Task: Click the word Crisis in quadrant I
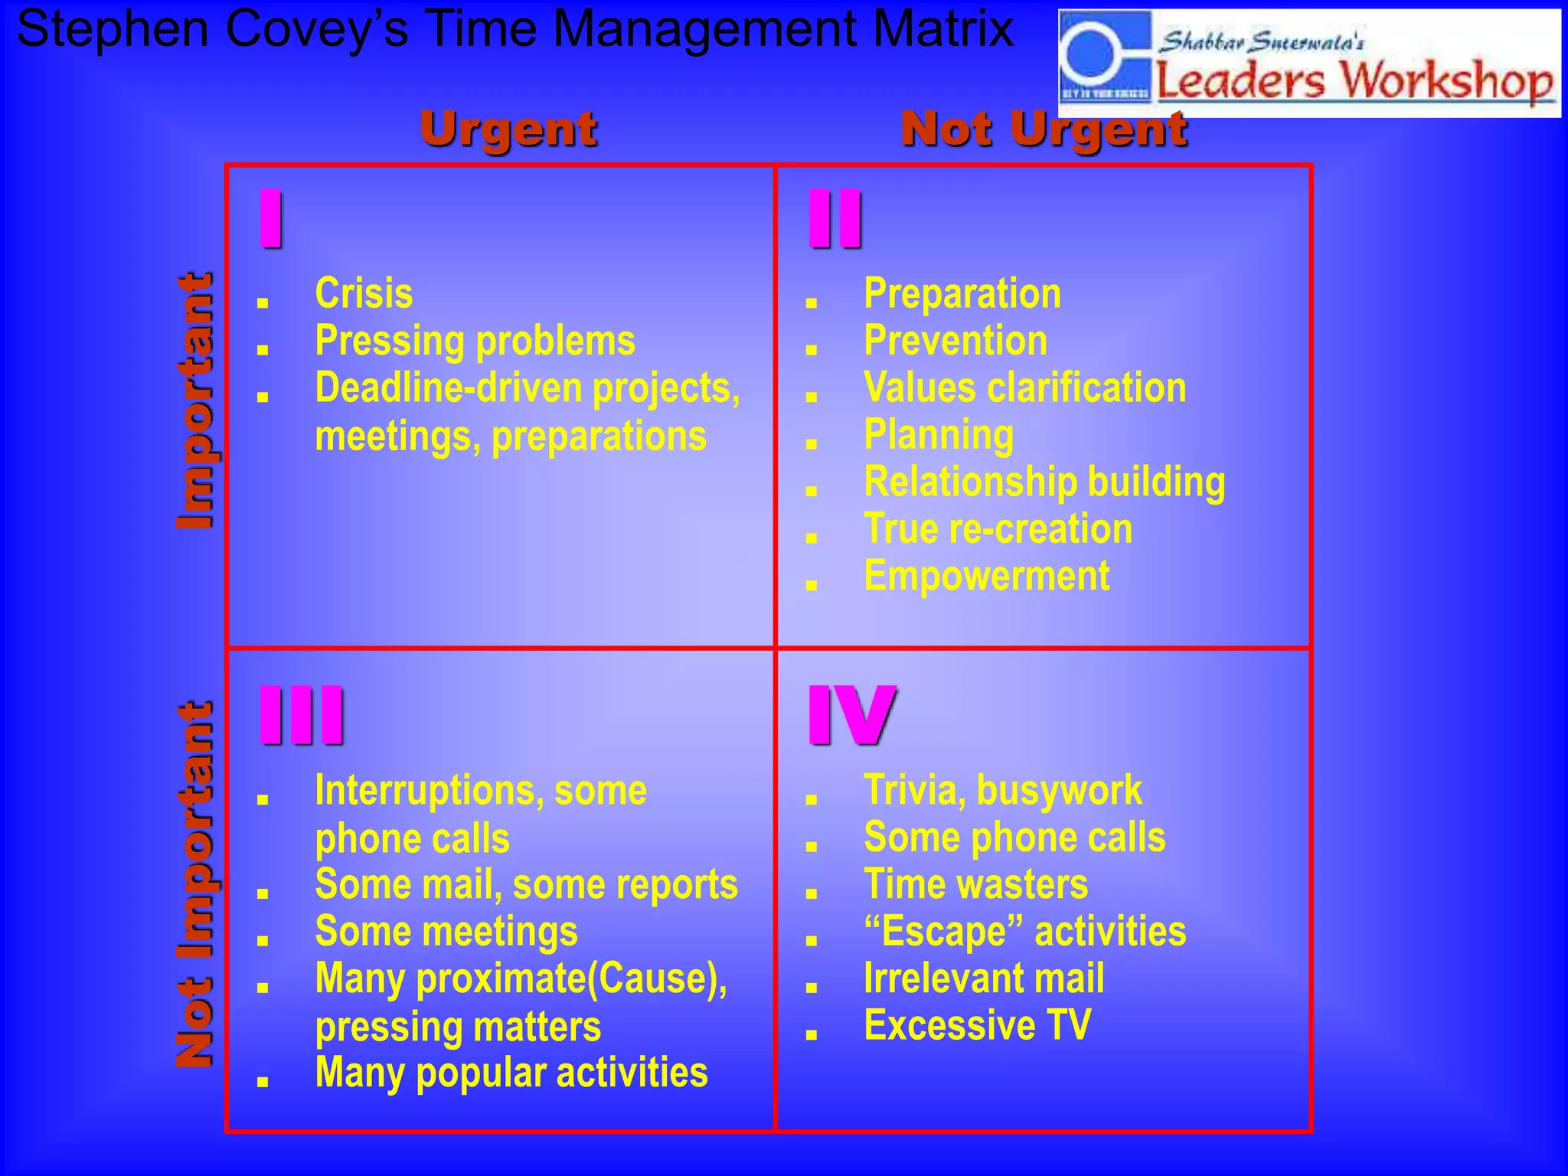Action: pos(364,294)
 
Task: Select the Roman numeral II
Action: pos(835,219)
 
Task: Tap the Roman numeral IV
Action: pos(851,715)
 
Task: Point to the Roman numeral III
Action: pos(302,715)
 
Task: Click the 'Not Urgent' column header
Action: pos(1044,129)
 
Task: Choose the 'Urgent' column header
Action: pos(508,129)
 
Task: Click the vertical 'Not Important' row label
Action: pos(194,884)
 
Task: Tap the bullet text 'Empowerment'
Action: pos(986,577)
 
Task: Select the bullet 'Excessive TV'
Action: pos(977,1025)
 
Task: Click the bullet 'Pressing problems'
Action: pos(475,341)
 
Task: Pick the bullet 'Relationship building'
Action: pos(1044,482)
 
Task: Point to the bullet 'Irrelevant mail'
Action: pos(984,978)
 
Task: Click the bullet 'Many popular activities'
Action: pos(511,1073)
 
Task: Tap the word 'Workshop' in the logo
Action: pos(1447,80)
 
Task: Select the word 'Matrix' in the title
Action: pos(942,29)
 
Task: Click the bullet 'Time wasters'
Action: pos(975,884)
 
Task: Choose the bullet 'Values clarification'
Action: pos(1024,388)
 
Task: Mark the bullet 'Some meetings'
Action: pos(446,932)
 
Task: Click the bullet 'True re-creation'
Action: pos(998,529)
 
